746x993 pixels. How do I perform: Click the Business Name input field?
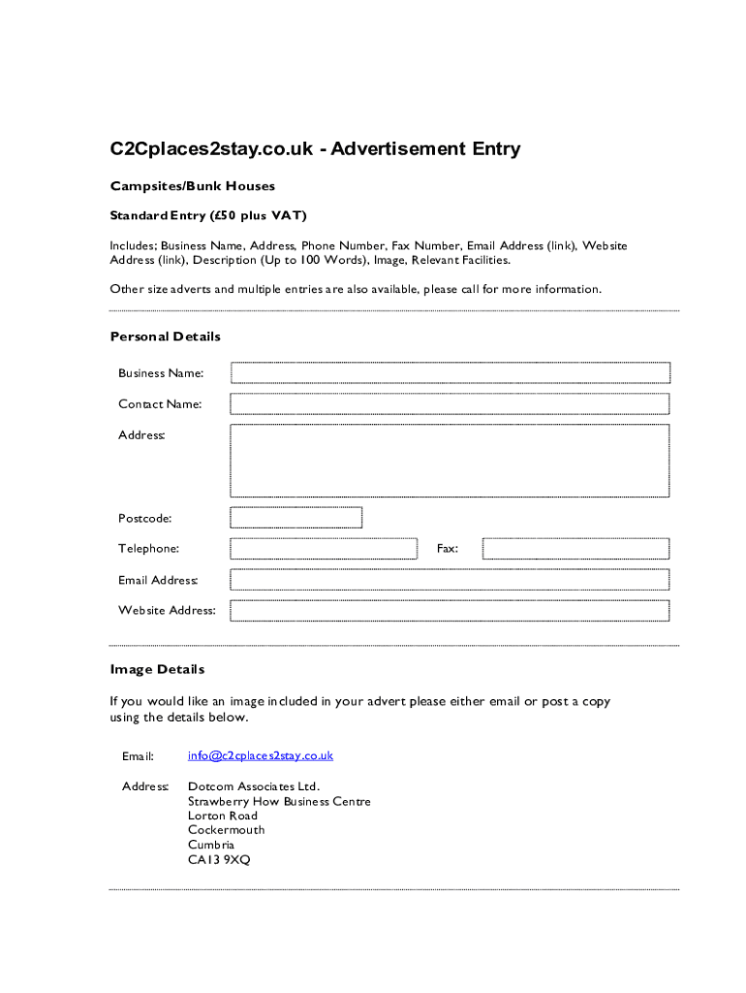(x=450, y=373)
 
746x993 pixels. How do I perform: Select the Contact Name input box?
(x=450, y=403)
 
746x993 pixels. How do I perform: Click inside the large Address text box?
(x=450, y=461)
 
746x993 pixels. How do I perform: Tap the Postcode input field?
(x=295, y=518)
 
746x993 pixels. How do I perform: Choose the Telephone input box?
(x=323, y=549)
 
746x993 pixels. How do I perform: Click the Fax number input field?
(x=575, y=549)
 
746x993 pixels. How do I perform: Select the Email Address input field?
(x=450, y=580)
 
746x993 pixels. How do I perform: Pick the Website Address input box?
(x=450, y=610)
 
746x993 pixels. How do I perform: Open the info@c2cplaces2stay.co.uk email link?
(x=261, y=755)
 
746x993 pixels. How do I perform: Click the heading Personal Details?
(x=166, y=336)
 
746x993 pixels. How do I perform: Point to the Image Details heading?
(x=158, y=669)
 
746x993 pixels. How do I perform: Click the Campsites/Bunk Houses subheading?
(x=193, y=185)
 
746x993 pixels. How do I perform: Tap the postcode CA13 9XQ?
(x=219, y=859)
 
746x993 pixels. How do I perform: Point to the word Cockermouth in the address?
(x=226, y=830)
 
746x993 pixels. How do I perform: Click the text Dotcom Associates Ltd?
(x=254, y=786)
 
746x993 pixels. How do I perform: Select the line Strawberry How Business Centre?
(x=279, y=802)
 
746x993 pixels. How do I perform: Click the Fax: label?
(x=447, y=549)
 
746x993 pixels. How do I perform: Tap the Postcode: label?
(x=145, y=518)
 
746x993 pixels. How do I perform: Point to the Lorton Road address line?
(x=223, y=816)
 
